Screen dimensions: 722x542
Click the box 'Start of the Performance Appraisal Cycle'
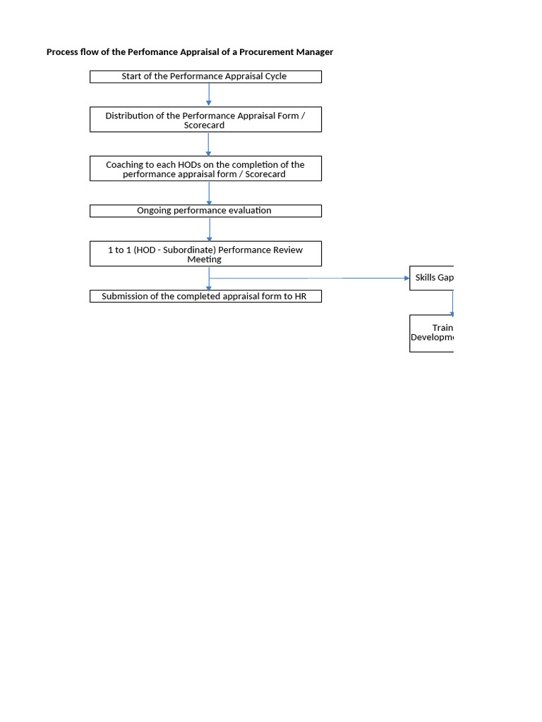(205, 77)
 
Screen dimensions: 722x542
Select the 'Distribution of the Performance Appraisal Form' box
(205, 120)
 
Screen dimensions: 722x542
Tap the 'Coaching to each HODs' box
(205, 169)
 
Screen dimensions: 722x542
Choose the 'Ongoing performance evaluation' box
(205, 211)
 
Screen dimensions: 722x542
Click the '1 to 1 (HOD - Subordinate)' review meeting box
(205, 254)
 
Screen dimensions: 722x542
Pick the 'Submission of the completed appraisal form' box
(205, 297)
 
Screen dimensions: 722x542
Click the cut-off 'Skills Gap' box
(432, 278)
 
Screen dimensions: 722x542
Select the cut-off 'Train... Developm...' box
(432, 333)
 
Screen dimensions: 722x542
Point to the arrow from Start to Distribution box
(209, 94)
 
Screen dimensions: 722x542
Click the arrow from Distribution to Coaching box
(209, 144)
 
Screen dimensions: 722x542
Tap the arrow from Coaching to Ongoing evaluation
(209, 192)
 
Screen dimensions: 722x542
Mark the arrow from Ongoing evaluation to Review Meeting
(209, 229)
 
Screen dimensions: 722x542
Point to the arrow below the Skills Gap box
(452, 302)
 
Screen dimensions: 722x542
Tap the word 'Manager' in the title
(315, 52)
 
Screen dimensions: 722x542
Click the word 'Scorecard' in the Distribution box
(205, 125)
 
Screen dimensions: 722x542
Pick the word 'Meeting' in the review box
(204, 259)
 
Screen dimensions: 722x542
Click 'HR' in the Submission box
(301, 297)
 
